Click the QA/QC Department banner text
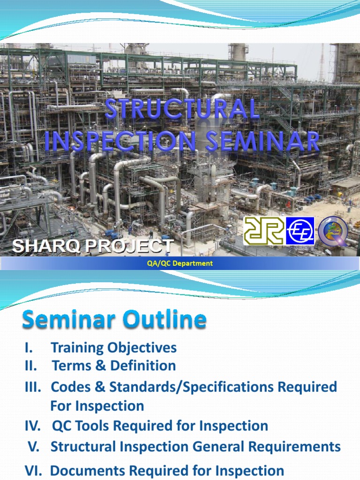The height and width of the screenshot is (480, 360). pos(180,263)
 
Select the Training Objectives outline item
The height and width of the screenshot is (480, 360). pos(113,348)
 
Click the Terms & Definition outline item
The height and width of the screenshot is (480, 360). pos(114,366)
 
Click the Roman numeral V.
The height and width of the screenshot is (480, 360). pos(34,447)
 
